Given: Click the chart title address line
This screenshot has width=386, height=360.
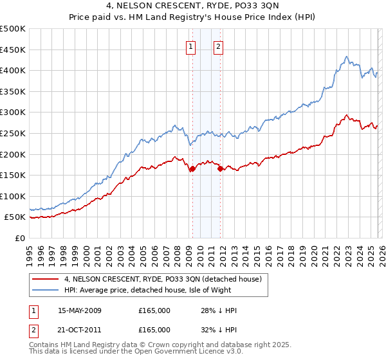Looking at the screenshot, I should (192, 6).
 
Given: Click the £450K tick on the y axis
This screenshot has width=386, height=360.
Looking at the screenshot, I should (13, 50).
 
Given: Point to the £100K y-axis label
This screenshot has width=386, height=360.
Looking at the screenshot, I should (13, 196).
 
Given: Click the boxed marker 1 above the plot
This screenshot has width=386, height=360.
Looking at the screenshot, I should (192, 46).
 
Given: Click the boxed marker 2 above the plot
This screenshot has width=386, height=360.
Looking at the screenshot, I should (219, 46).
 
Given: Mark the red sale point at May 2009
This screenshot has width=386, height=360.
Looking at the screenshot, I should (192, 169).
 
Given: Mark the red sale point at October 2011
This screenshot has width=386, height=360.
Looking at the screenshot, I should (220, 169).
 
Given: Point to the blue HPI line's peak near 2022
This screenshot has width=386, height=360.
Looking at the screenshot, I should (346, 57).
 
